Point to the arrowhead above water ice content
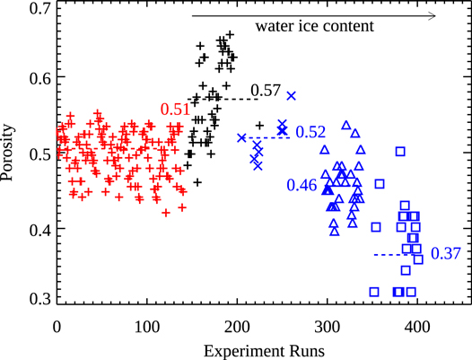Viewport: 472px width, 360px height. coord(432,14)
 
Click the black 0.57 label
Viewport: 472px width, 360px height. coord(267,90)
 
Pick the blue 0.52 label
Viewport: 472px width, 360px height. coord(310,132)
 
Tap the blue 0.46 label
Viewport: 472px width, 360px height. coord(302,185)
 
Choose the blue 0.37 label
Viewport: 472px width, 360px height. coord(446,253)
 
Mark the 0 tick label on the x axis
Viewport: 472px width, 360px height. coord(57,323)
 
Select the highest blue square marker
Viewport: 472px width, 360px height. coord(400,151)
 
